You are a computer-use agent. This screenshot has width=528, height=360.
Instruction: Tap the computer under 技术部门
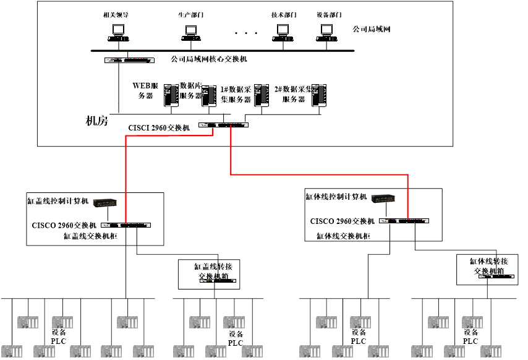pos(283,32)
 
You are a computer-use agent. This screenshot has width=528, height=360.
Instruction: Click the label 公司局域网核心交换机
pos(209,59)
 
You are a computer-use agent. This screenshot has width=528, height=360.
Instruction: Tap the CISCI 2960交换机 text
pos(159,128)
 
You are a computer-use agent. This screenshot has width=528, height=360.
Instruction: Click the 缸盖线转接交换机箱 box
pos(209,274)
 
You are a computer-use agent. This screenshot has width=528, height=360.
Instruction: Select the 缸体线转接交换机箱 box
pos(487,269)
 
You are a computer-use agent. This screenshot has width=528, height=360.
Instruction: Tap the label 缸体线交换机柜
pos(343,235)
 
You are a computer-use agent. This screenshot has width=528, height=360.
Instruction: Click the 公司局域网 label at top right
pos(372,29)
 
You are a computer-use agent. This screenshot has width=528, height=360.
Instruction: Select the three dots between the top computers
pos(246,33)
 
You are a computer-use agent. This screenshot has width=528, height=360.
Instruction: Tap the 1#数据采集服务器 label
pos(236,94)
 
